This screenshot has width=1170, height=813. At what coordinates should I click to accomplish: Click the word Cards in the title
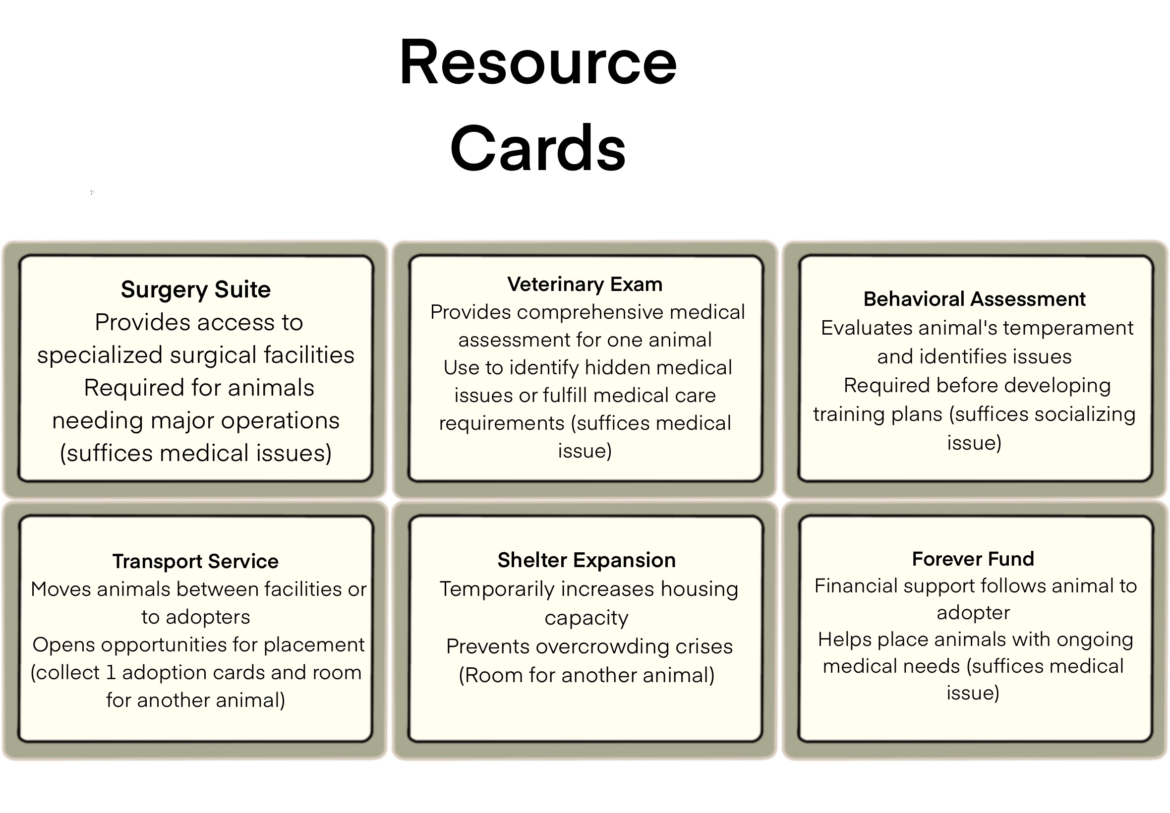pyautogui.click(x=537, y=149)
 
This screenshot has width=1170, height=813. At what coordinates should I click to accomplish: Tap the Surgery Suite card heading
pyautogui.click(x=196, y=290)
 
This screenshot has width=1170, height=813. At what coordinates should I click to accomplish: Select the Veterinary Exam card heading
pyautogui.click(x=585, y=284)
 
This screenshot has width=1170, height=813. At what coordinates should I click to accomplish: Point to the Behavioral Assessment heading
pyautogui.click(x=974, y=299)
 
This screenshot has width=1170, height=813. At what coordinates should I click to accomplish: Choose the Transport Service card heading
pyautogui.click(x=196, y=561)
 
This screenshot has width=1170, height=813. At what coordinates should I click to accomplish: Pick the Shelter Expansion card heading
pyautogui.click(x=586, y=560)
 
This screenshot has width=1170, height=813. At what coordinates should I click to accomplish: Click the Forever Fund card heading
pyautogui.click(x=973, y=559)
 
